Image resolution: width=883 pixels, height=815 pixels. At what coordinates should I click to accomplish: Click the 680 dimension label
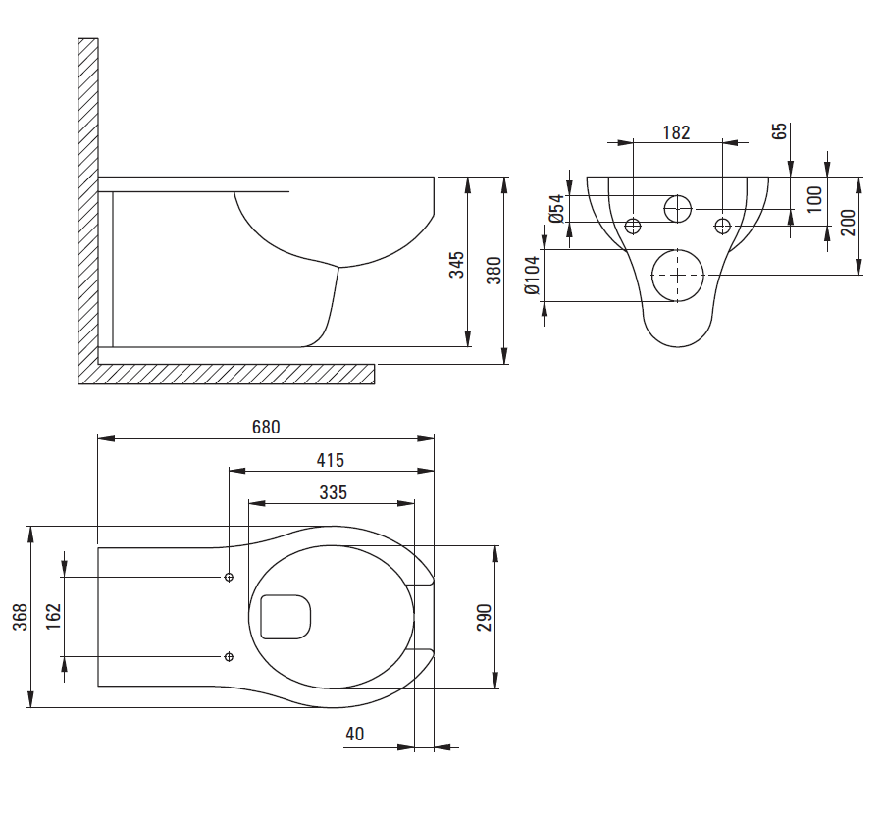266,427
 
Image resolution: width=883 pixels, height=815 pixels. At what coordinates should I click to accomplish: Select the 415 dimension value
331,460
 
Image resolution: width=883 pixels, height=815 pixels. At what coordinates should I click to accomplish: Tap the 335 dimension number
333,492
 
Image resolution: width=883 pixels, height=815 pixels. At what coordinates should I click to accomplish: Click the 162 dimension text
53,616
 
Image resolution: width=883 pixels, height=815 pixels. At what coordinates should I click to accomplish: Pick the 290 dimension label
483,616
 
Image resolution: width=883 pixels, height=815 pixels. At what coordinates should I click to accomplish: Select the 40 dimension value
354,734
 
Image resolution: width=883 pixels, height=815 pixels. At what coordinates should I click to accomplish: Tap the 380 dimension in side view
494,270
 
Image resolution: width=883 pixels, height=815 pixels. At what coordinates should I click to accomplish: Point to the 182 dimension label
677,132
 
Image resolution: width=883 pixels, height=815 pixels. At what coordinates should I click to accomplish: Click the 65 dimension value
780,132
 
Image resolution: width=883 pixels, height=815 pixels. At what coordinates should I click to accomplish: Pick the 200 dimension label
849,223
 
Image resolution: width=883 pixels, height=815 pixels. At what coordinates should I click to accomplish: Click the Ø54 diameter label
556,209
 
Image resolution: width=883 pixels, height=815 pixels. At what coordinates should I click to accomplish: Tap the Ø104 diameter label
531,276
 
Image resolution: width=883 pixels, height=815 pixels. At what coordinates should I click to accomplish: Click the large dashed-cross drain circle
678,276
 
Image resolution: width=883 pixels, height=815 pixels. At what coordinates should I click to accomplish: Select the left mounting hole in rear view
633,227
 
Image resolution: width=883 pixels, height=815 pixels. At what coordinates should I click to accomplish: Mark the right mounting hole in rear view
723,227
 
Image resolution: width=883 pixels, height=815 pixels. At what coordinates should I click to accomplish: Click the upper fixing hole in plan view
229,577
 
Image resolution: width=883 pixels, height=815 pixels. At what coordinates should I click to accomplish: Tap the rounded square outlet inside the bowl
286,616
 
